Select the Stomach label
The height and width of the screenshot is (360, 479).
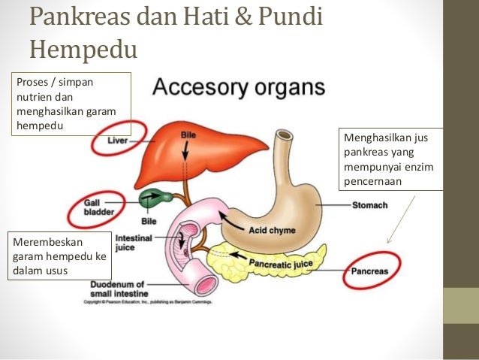pyautogui.click(x=369, y=205)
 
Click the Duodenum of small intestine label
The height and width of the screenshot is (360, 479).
pyautogui.click(x=121, y=289)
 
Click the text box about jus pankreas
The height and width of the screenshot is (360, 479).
pyautogui.click(x=390, y=159)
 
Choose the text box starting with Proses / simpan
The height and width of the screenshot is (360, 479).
pyautogui.click(x=71, y=102)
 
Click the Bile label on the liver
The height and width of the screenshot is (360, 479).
pyautogui.click(x=188, y=135)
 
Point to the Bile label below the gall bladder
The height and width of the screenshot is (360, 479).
pyautogui.click(x=149, y=222)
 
